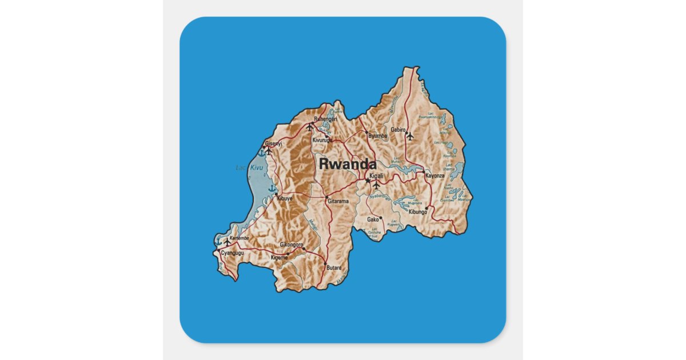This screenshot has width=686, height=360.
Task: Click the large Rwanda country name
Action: tap(348, 163)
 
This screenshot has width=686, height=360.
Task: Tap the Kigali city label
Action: tap(377, 176)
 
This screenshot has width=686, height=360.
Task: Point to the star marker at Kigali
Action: tap(368, 181)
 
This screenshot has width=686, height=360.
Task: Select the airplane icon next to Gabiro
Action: tap(409, 136)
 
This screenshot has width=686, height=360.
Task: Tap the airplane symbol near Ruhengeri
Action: tap(310, 127)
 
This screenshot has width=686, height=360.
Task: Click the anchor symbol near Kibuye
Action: tap(273, 188)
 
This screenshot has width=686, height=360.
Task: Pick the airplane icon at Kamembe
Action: tap(228, 242)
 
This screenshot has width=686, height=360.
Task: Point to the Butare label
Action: tap(334, 267)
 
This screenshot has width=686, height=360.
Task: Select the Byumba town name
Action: tap(378, 136)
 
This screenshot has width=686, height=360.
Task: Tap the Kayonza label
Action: tap(434, 175)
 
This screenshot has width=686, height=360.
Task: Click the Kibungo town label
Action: tap(418, 212)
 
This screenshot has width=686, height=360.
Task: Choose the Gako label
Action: tap(373, 219)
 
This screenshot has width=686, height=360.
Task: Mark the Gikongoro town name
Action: tap(292, 245)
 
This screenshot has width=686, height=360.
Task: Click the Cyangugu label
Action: tap(232, 252)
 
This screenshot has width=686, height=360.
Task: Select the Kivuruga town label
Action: tap(322, 140)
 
